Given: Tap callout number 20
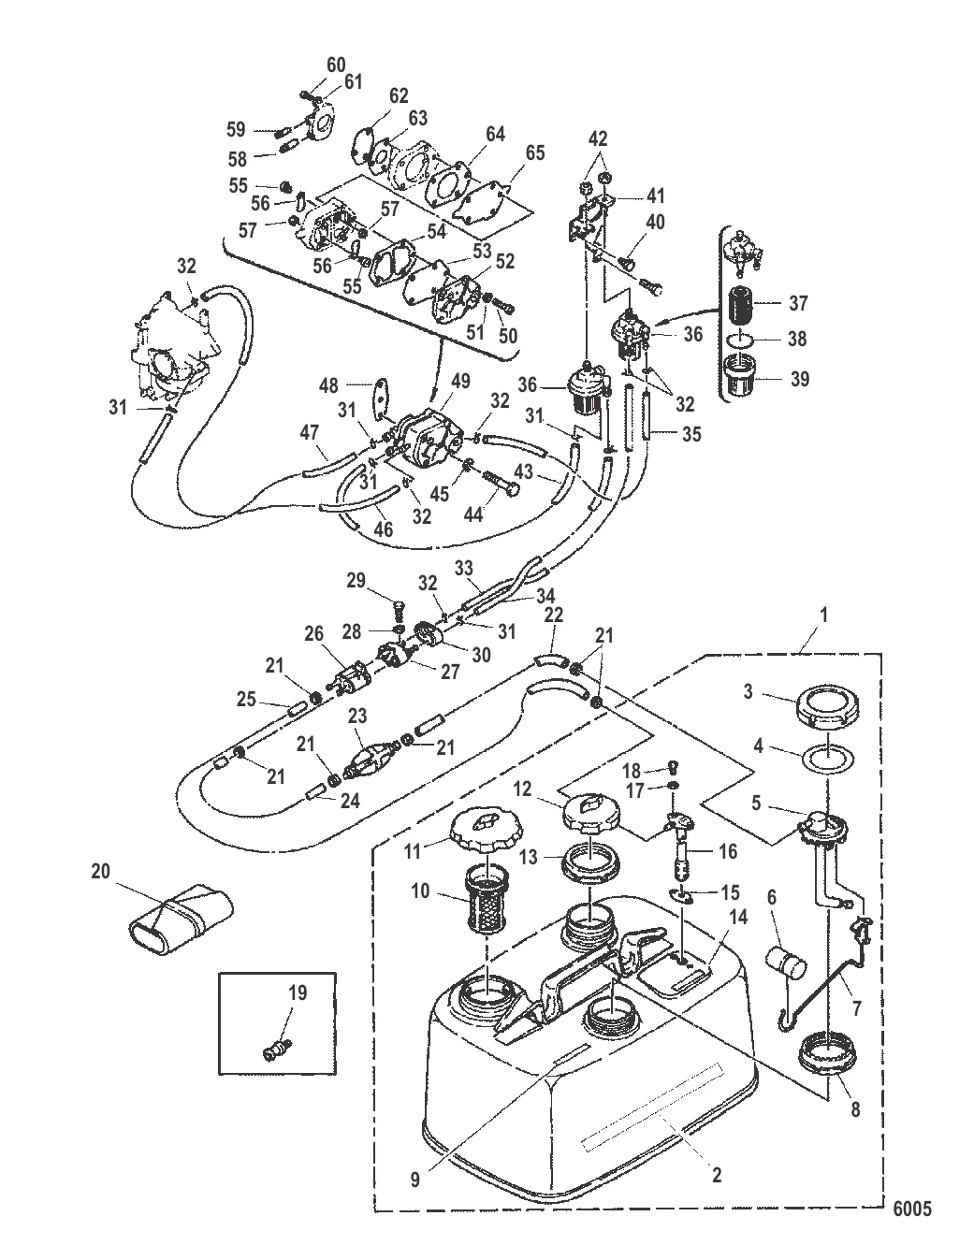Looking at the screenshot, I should pos(100,871).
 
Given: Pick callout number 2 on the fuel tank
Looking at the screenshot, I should pos(717,1175).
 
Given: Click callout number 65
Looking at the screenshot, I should pos(534,152).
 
